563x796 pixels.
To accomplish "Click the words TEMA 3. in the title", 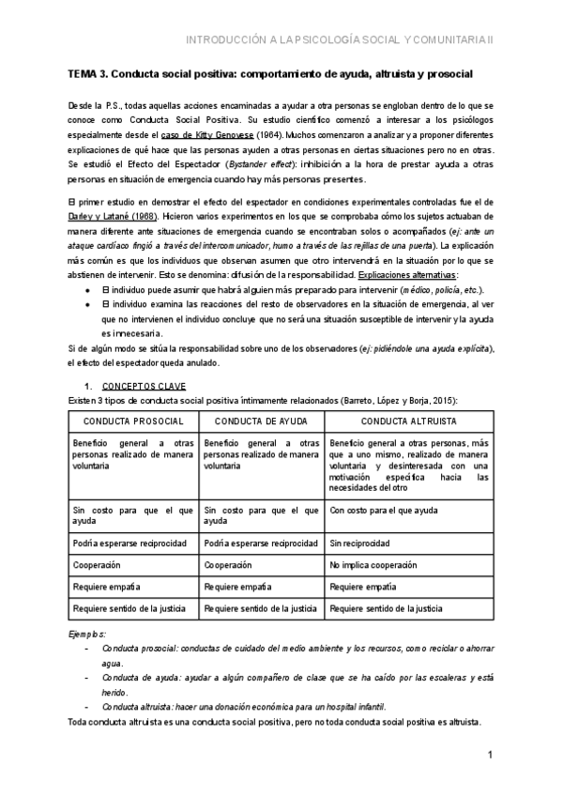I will tap(92, 73).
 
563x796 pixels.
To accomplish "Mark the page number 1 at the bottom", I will tap(491, 756).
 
